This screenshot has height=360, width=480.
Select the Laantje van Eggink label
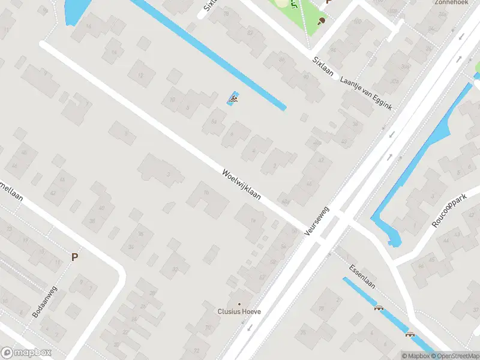point(366,93)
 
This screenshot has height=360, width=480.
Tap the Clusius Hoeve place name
point(239,312)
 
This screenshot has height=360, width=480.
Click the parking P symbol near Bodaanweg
point(75,257)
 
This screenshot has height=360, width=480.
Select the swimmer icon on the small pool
point(233,99)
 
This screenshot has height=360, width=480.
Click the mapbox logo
point(26,353)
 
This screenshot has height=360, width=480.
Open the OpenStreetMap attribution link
point(454,356)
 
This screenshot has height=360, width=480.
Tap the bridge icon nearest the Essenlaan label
point(379,309)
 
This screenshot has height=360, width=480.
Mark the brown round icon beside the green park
point(322,20)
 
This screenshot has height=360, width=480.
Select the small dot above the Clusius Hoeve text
point(239,304)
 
